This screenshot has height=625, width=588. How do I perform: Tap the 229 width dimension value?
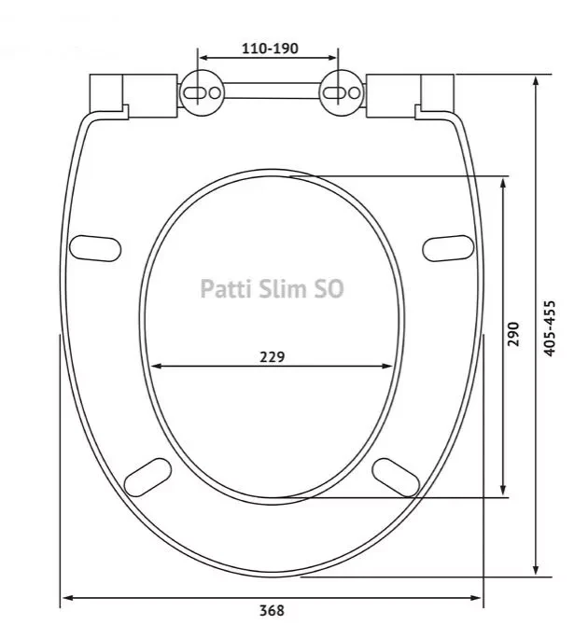tap(272, 355)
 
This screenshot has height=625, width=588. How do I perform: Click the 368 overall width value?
tap(272, 611)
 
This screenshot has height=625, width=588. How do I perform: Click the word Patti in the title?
tap(225, 289)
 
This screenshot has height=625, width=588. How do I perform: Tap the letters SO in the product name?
tap(330, 289)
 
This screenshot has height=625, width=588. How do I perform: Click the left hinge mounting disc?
tap(203, 92)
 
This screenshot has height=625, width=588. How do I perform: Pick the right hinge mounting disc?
tap(340, 92)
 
